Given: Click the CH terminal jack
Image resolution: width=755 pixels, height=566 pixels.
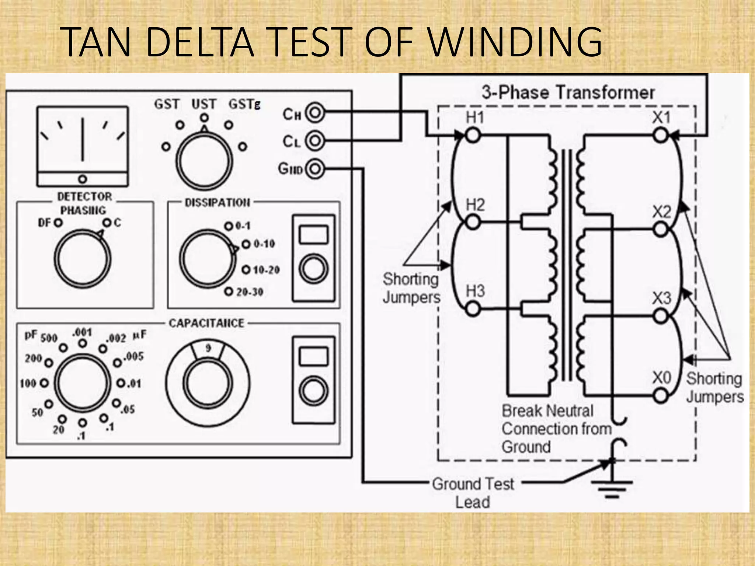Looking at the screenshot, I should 315,113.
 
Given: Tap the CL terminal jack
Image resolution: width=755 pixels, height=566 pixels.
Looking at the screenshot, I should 315,141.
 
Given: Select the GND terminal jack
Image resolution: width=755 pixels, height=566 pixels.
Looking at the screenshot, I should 315,169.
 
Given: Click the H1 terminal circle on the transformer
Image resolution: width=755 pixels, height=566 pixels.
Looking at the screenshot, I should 473,135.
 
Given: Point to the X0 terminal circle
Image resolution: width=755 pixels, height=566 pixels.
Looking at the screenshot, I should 661,396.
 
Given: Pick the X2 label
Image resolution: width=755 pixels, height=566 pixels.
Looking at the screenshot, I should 662,212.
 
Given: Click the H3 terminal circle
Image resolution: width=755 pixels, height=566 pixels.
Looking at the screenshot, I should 473,309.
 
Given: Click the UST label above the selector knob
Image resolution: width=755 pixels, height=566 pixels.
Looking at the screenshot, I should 203,104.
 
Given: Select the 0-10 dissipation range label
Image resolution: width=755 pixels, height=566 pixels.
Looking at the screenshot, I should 264,244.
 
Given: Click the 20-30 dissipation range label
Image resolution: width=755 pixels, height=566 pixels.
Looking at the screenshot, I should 250,292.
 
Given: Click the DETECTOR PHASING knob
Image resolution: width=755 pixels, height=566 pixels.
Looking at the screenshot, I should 83,258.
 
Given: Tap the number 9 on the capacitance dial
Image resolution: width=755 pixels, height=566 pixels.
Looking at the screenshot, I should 208,348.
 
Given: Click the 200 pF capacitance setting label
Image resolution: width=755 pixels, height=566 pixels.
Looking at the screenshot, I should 33,358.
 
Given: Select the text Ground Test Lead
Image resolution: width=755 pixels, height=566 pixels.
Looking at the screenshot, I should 473,493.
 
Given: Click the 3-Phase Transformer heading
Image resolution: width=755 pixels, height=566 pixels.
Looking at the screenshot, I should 568,92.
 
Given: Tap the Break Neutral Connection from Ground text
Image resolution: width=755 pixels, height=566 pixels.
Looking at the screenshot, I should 556,429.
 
